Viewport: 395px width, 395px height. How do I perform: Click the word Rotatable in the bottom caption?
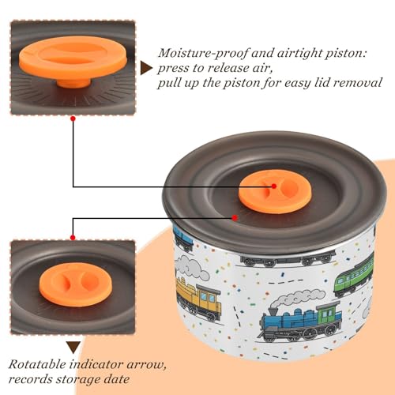pyautogui.click(x=37, y=365)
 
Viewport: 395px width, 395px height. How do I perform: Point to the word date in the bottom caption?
pyautogui.click(x=116, y=379)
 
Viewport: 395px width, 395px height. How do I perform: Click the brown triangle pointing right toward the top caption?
pyautogui.click(x=146, y=69)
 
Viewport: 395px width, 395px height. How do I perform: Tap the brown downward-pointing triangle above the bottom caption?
pyautogui.click(x=73, y=348)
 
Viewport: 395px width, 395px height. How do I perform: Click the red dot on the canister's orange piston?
pyautogui.click(x=274, y=186)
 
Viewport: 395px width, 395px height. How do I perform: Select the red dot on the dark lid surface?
pyautogui.click(x=235, y=218)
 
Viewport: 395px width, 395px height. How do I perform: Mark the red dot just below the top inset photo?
pyautogui.click(x=73, y=119)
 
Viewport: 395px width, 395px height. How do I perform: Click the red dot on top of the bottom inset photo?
pyautogui.click(x=73, y=238)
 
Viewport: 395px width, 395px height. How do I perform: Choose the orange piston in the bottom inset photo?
pyautogui.click(x=76, y=284)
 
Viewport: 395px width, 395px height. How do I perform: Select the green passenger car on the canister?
pyautogui.click(x=354, y=276)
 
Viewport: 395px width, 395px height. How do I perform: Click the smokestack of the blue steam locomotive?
pyautogui.click(x=273, y=312)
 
